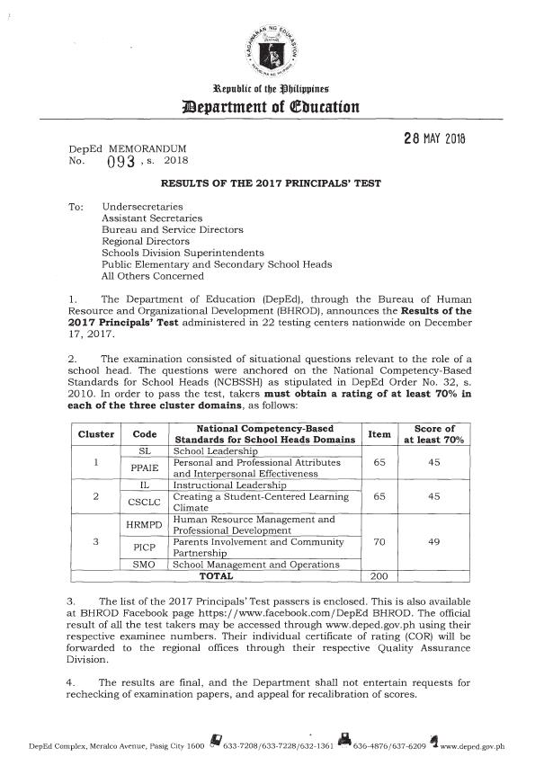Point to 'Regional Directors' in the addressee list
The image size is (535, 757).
pyautogui.click(x=146, y=241)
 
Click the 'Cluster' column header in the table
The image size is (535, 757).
pyautogui.click(x=95, y=434)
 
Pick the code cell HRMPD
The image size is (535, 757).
pyautogui.click(x=145, y=525)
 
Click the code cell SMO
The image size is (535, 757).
pyautogui.click(x=145, y=564)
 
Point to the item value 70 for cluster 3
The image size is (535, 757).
pyautogui.click(x=379, y=543)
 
